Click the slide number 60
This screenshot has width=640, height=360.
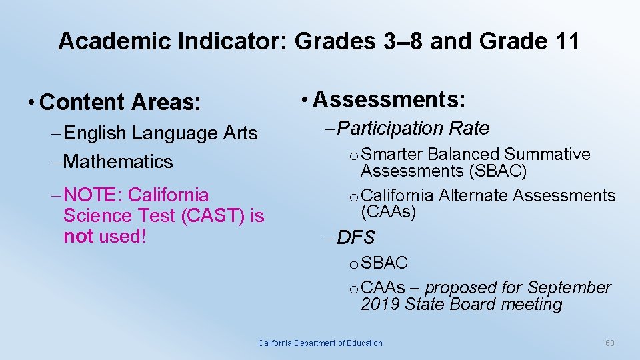coord(609,343)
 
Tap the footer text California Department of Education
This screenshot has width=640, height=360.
coord(320,343)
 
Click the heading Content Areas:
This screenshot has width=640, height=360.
coord(120,103)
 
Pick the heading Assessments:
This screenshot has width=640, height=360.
coord(389,99)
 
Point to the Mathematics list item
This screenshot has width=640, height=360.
coord(119,161)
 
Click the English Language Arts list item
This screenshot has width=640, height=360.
coord(161,133)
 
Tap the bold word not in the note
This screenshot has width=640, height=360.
coord(79,237)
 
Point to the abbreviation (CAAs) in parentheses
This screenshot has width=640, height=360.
coord(388,213)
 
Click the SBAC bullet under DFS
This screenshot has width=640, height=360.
coord(384,263)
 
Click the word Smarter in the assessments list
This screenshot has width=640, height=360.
coord(391,155)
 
